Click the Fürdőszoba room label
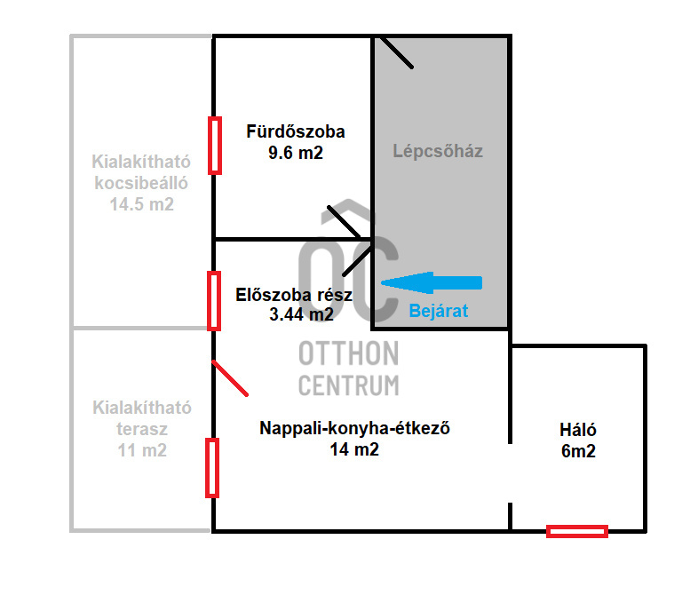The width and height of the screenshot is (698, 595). pyautogui.click(x=296, y=132)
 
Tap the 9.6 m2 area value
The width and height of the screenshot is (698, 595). pyautogui.click(x=296, y=153)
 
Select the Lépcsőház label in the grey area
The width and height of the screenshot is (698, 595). pyautogui.click(x=438, y=151)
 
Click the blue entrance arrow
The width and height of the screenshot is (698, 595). pyautogui.click(x=432, y=282)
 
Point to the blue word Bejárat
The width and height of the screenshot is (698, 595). pyautogui.click(x=438, y=312)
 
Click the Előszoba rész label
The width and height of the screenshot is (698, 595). pyautogui.click(x=294, y=295)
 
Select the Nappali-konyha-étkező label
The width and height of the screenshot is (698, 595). pyautogui.click(x=356, y=428)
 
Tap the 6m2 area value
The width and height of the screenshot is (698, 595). pyautogui.click(x=577, y=451)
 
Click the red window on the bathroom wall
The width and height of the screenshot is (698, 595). pyautogui.click(x=214, y=146)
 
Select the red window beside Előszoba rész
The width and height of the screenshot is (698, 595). pyautogui.click(x=214, y=300)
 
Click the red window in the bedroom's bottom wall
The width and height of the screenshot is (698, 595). pyautogui.click(x=577, y=531)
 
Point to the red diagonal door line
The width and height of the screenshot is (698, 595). pyautogui.click(x=231, y=378)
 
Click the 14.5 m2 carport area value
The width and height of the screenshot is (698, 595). pyautogui.click(x=141, y=204)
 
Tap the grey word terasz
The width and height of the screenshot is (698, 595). pyautogui.click(x=142, y=429)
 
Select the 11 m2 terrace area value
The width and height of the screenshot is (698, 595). pyautogui.click(x=142, y=450)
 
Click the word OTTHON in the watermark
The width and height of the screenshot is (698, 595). pyautogui.click(x=348, y=354)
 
